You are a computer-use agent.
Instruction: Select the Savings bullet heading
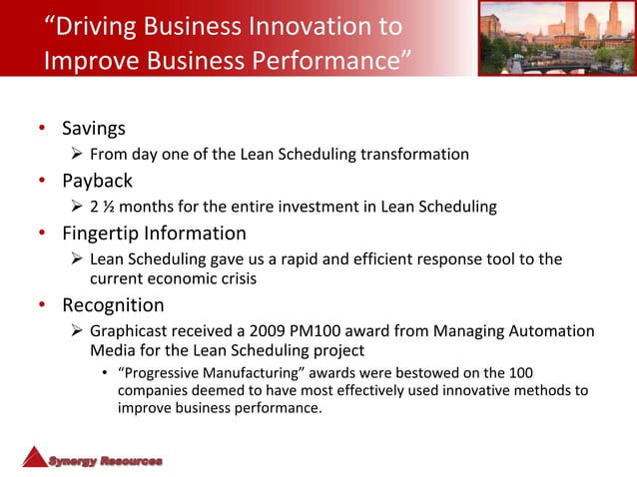[94, 129]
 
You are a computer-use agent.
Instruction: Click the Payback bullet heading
[97, 182]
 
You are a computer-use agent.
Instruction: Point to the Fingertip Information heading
[154, 234]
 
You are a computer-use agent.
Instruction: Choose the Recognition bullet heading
[113, 304]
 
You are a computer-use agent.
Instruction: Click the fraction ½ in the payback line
[110, 207]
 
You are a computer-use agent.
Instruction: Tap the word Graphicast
[130, 330]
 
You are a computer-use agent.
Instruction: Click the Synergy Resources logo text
[106, 461]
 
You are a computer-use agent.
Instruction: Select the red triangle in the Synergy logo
[35, 456]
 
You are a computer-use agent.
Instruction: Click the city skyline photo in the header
[556, 37]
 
